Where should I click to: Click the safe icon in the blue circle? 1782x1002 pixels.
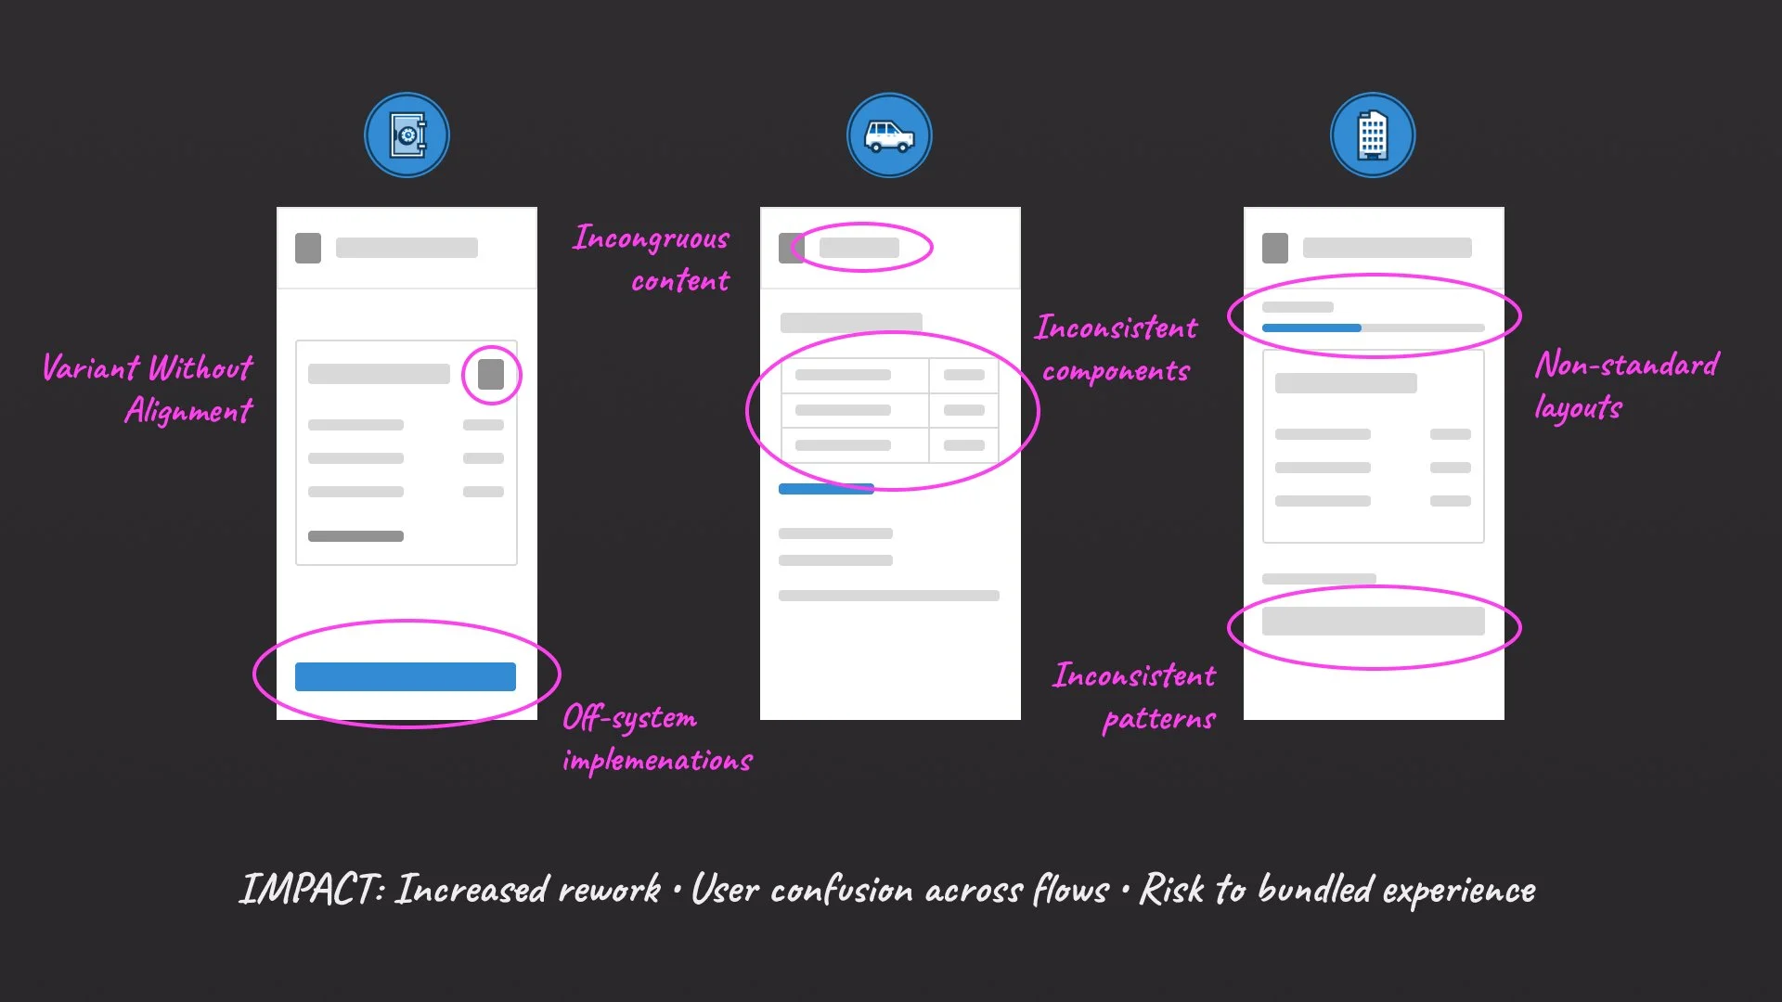click(x=407, y=135)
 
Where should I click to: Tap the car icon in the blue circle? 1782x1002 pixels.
click(x=889, y=135)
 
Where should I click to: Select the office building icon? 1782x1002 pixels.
click(x=1372, y=135)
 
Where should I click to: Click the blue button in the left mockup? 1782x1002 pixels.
click(x=406, y=676)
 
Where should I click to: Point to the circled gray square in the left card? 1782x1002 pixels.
click(x=491, y=374)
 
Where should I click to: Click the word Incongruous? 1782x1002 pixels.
click(x=652, y=238)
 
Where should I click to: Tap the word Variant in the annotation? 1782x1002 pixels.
click(x=91, y=368)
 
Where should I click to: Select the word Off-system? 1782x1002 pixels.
click(x=630, y=718)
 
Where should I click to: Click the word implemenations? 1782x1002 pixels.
click(x=657, y=761)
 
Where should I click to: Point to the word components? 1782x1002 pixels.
click(x=1116, y=372)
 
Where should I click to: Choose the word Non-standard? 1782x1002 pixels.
click(x=1627, y=365)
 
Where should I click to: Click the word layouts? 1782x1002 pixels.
click(x=1578, y=408)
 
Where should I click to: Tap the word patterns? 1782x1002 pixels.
click(x=1159, y=719)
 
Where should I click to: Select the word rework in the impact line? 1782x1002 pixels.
click(x=609, y=890)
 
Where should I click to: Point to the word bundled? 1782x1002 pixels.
click(x=1315, y=890)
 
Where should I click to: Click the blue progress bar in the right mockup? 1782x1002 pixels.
click(x=1311, y=328)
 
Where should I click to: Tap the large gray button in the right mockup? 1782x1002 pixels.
click(x=1373, y=622)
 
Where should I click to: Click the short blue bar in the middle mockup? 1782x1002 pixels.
click(x=826, y=489)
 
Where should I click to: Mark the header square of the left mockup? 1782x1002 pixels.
click(x=308, y=248)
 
